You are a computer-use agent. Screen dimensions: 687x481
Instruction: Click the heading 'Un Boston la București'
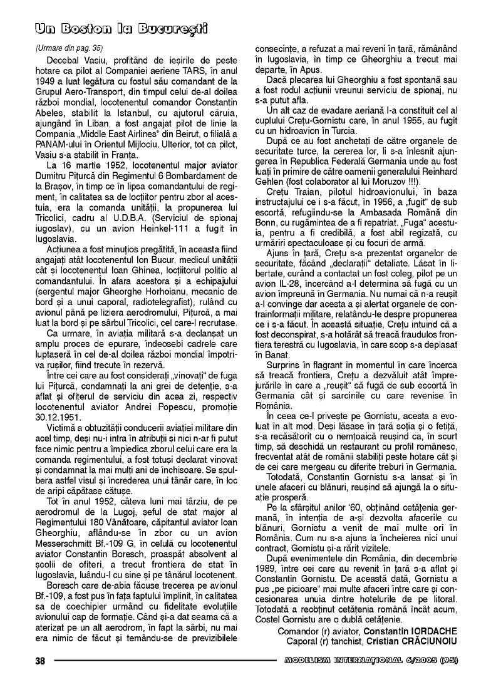click(121, 29)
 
